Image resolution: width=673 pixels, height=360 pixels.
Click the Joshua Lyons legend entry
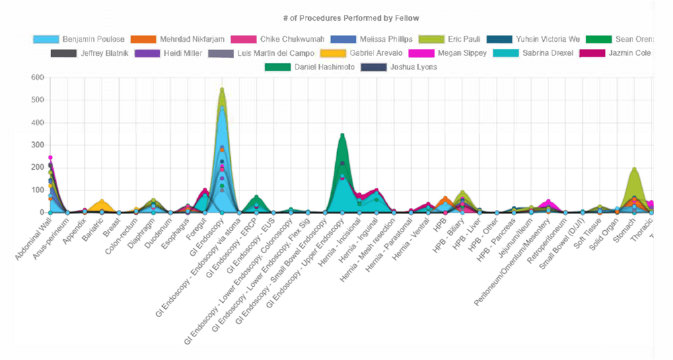[x=408, y=67]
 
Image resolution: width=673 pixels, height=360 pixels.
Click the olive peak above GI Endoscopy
[x=222, y=89]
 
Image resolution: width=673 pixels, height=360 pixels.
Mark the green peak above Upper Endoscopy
[x=342, y=135]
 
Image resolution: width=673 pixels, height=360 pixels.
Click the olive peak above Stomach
[x=634, y=169]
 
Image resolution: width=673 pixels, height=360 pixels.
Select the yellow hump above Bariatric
[x=102, y=201]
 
